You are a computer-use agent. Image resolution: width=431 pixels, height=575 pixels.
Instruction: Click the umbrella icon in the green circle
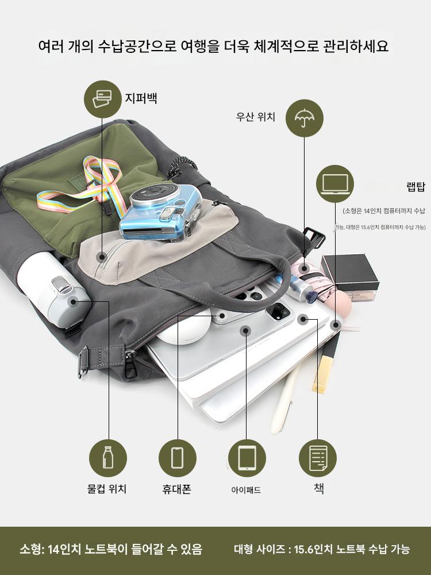click(304, 118)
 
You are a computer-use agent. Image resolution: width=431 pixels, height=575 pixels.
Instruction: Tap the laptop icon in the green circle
click(334, 184)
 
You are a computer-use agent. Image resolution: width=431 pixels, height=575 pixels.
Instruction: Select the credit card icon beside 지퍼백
click(103, 99)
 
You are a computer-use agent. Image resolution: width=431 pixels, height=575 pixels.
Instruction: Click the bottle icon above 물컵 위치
click(108, 458)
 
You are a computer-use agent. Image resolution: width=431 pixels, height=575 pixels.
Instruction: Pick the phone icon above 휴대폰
click(178, 458)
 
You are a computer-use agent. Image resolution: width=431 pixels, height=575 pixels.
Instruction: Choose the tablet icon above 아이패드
click(247, 458)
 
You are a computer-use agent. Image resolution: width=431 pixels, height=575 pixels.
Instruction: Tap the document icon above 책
click(317, 458)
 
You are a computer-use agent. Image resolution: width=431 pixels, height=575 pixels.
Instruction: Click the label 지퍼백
click(141, 98)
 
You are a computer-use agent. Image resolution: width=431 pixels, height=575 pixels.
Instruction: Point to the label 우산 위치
click(255, 117)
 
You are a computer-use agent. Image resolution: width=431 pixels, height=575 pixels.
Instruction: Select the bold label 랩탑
click(415, 186)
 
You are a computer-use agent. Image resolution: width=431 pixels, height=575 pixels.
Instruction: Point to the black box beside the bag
click(349, 272)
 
